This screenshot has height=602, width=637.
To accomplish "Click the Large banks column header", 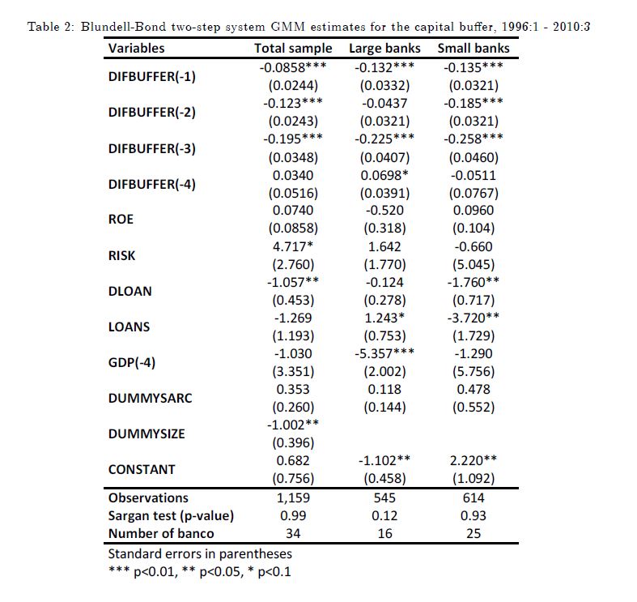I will [384, 48].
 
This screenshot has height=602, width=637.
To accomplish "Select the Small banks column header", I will [474, 48].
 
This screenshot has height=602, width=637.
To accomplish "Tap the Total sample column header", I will [293, 48].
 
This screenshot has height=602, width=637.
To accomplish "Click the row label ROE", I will [121, 219].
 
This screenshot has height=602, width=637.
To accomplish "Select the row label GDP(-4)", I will [131, 362].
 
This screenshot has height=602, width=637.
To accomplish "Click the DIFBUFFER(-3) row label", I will [151, 148].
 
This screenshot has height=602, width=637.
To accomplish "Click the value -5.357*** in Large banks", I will [384, 353].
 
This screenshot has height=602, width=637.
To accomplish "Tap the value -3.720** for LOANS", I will [474, 318].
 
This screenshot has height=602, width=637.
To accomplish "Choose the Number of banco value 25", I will [474, 533].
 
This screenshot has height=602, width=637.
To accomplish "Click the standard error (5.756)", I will [474, 371].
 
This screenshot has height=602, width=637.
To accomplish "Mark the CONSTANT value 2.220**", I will [474, 460].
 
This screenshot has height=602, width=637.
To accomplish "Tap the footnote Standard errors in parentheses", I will [200, 554].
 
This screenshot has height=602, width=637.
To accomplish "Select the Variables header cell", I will [136, 48].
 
